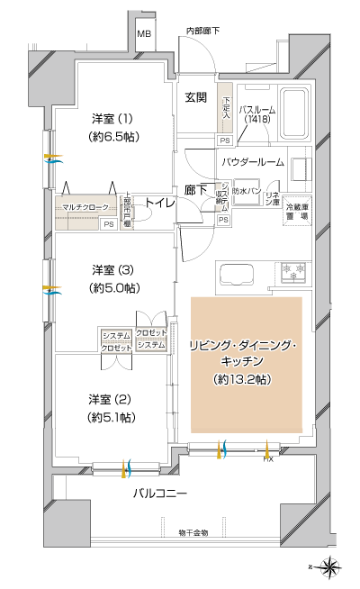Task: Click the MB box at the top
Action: [144, 35]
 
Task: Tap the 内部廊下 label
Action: [204, 32]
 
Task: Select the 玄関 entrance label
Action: [197, 97]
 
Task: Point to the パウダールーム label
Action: [254, 162]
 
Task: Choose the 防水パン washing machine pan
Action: [247, 193]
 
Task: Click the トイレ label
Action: [160, 204]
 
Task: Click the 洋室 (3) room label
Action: [112, 269]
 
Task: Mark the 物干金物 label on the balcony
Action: [193, 532]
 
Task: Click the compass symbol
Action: [329, 567]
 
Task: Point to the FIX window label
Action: [267, 459]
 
